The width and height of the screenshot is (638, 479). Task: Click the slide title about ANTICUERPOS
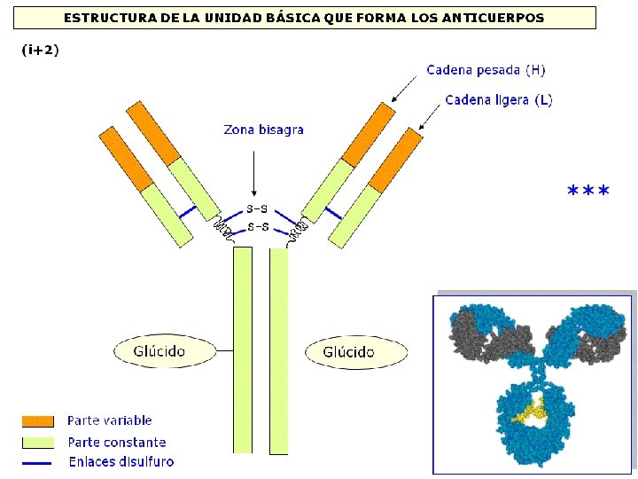tap(304, 18)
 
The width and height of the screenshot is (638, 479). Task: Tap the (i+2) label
tap(40, 50)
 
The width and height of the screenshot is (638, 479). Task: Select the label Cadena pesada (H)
tap(486, 69)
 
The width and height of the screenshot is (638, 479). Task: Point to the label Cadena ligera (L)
tap(499, 100)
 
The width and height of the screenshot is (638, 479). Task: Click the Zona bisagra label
tap(263, 130)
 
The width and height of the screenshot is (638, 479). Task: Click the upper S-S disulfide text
tap(258, 210)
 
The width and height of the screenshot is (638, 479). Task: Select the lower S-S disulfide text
tap(258, 227)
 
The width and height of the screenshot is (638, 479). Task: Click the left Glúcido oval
tap(165, 351)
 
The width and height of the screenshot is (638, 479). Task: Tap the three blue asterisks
tap(587, 192)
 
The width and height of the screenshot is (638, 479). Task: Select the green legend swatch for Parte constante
tap(39, 442)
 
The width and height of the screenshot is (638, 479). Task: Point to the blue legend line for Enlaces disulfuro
tap(39, 462)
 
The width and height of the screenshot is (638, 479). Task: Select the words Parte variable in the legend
tap(109, 420)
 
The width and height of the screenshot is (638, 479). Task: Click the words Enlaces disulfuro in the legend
tap(121, 461)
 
